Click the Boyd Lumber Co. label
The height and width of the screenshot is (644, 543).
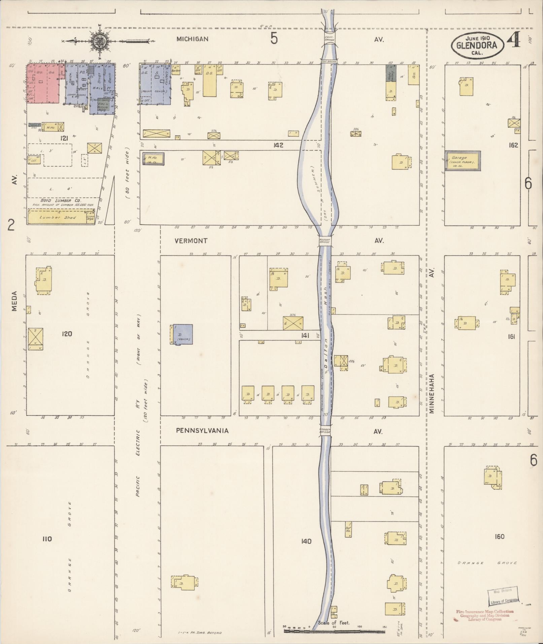pos(58,200)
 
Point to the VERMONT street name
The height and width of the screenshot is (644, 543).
pos(191,241)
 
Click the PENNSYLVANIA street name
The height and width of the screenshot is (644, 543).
pos(202,431)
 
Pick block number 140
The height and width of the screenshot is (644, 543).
pos(306,541)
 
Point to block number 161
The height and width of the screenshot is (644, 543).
pos(511,336)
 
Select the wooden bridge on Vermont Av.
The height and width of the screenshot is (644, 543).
pos(326,241)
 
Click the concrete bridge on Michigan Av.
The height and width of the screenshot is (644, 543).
pos(329,38)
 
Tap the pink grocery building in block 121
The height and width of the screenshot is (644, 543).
pos(43,83)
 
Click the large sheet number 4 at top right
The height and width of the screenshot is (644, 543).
pos(514,41)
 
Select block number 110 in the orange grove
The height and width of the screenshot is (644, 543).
pos(47,539)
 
